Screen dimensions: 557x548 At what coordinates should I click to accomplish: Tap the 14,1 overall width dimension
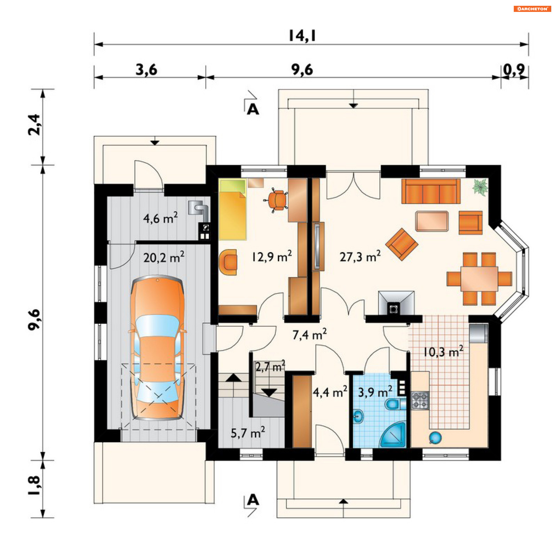302,35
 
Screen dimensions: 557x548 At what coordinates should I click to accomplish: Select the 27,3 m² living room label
360,256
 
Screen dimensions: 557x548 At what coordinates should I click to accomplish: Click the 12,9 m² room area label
272,256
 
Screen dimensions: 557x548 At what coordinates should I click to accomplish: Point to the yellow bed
233,210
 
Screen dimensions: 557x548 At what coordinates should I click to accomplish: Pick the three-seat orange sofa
431,191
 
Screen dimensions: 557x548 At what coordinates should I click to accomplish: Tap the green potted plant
480,187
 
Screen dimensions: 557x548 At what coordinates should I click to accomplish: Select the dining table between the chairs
479,279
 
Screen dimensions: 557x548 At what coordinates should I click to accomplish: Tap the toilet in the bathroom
395,404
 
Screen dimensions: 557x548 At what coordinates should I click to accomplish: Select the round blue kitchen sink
435,438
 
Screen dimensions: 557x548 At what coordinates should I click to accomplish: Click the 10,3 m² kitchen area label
443,352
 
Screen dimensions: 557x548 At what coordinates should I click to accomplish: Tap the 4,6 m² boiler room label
160,218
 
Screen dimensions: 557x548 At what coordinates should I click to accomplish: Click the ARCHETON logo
532,9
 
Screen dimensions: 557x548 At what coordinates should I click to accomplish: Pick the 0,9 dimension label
514,70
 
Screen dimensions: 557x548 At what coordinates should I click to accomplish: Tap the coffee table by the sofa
432,221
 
